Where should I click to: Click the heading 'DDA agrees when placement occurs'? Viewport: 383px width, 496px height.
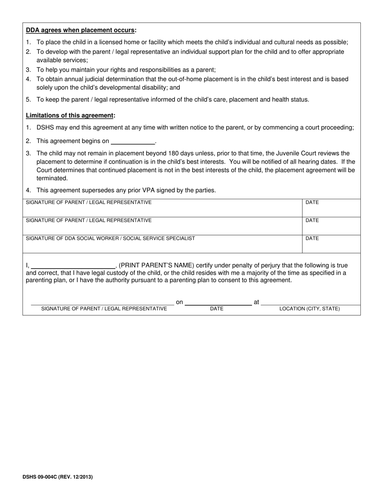[x=81, y=30]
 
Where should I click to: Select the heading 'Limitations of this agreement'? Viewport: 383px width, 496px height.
[x=70, y=116]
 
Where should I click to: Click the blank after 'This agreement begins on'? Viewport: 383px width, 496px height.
[x=133, y=142]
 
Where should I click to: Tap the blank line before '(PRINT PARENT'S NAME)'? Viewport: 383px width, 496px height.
[x=73, y=266]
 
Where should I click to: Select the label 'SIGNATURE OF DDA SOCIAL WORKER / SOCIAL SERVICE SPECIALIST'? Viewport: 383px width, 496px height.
[x=110, y=238]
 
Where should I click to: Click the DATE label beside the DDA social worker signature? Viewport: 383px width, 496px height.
[x=312, y=238]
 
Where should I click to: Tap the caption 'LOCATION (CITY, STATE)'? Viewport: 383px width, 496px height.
[x=310, y=309]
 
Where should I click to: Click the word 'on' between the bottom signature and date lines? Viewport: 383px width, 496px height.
[x=179, y=302]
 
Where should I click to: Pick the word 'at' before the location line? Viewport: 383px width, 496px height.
[x=256, y=302]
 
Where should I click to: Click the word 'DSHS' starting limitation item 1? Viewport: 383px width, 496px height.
[x=45, y=128]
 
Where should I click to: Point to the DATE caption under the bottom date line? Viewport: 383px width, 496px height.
[x=217, y=309]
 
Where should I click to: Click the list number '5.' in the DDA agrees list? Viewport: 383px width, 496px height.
[x=28, y=100]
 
